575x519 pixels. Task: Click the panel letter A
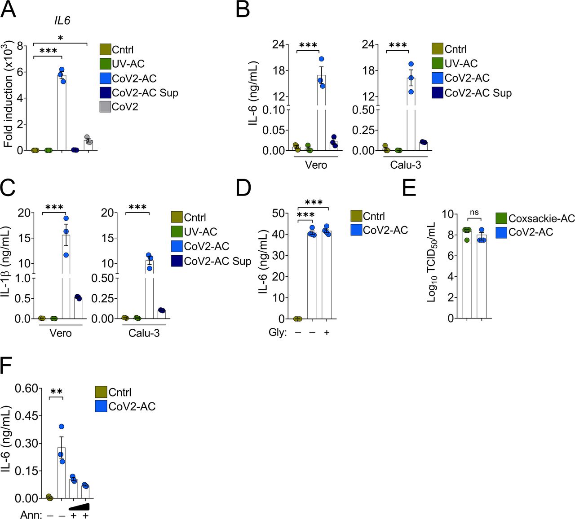(x=9, y=9)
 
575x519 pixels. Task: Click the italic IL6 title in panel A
(x=62, y=21)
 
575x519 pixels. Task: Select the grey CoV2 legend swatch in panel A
(x=105, y=107)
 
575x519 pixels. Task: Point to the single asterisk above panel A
(x=60, y=38)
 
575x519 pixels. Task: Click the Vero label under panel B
(x=316, y=165)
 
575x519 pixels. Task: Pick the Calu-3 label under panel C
(x=144, y=333)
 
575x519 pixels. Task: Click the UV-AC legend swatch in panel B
(x=438, y=63)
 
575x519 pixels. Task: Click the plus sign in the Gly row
(x=327, y=333)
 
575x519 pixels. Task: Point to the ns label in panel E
(x=474, y=213)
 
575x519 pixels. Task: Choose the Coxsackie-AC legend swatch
(x=501, y=218)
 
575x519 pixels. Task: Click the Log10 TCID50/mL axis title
(x=432, y=263)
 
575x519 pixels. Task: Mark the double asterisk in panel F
(x=56, y=392)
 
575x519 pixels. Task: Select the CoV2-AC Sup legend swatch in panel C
(x=177, y=261)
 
